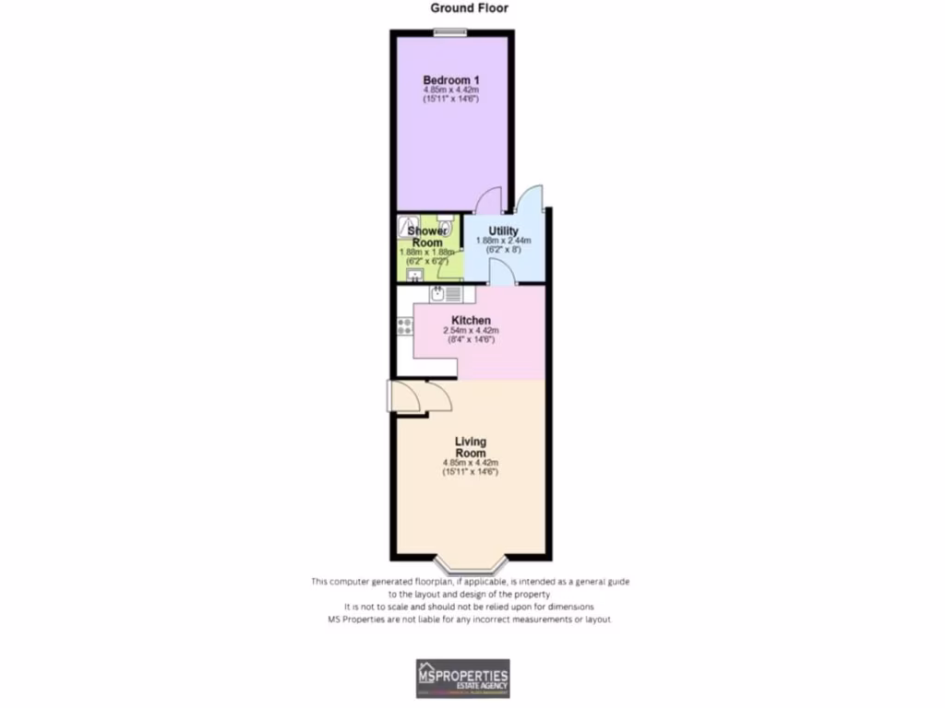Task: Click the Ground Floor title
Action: click(x=470, y=8)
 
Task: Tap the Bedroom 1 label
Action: click(x=451, y=81)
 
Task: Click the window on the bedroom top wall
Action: click(x=451, y=33)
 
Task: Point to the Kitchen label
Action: click(x=471, y=321)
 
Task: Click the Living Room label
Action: click(x=471, y=447)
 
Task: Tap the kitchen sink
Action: click(x=439, y=294)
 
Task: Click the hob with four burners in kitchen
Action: click(x=404, y=325)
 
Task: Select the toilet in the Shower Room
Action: click(x=446, y=224)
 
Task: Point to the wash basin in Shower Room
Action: click(x=413, y=274)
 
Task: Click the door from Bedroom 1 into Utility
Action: click(x=488, y=200)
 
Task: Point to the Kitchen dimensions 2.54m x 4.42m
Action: click(x=471, y=330)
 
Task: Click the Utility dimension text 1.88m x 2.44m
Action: click(x=504, y=241)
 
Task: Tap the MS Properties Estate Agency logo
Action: click(x=462, y=678)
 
